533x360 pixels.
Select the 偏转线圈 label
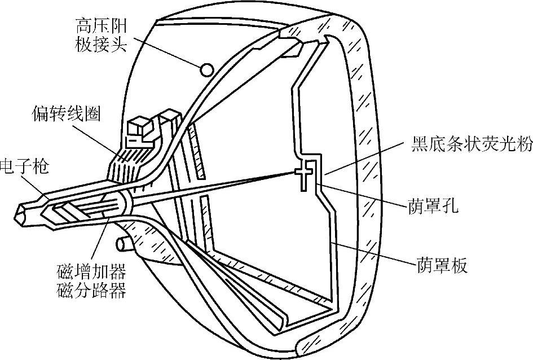(x=66, y=115)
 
